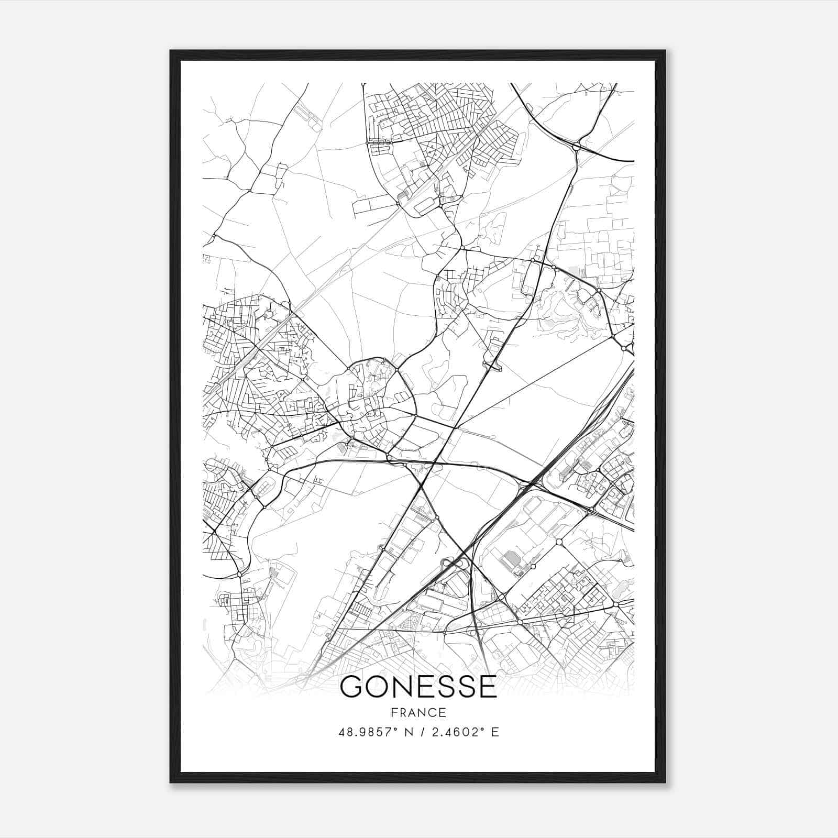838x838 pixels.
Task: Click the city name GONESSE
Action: [x=418, y=687]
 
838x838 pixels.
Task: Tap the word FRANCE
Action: [x=418, y=712]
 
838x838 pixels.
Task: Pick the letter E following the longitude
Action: [x=494, y=732]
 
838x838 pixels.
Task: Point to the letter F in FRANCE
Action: [x=394, y=712]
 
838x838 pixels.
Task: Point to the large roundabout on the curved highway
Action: [x=577, y=147]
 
